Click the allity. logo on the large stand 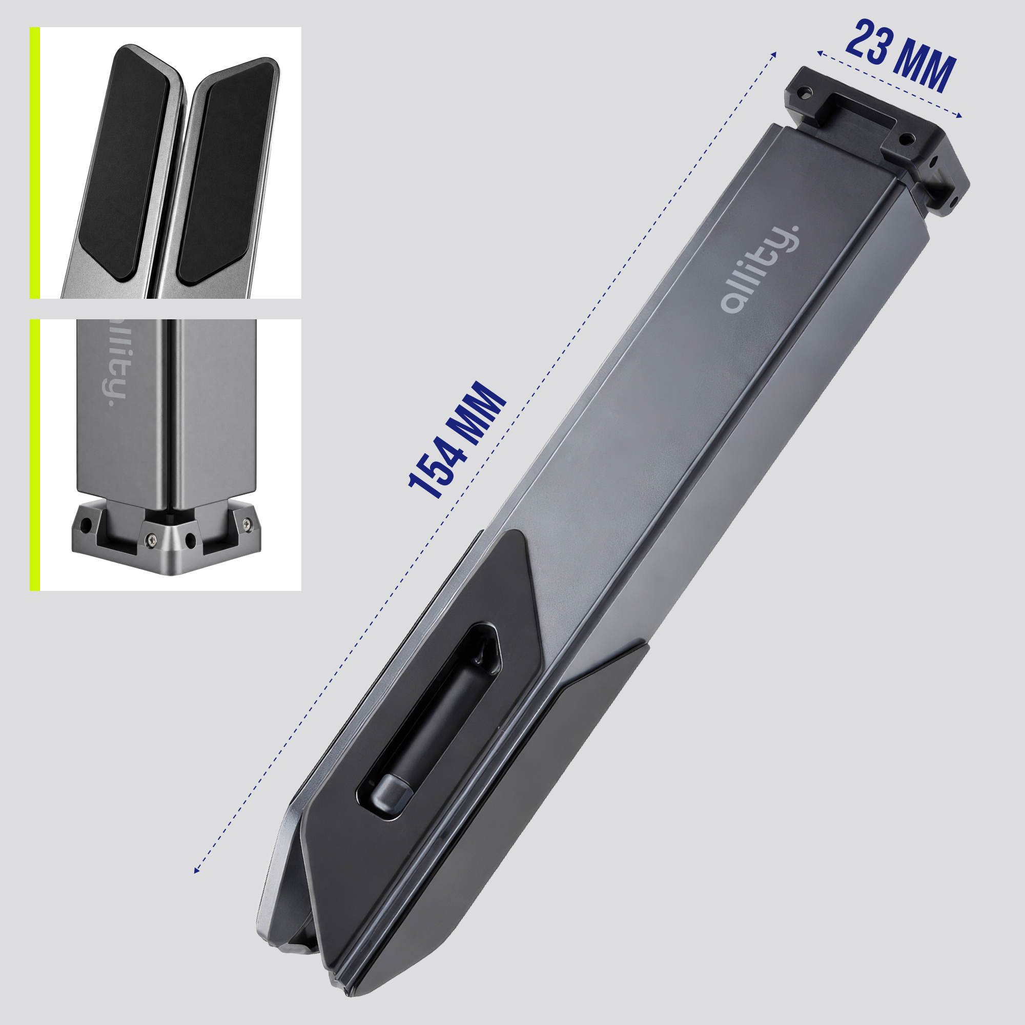pyautogui.click(x=760, y=269)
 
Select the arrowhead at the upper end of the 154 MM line pyautogui.click(x=774, y=54)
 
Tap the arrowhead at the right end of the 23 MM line pyautogui.click(x=959, y=116)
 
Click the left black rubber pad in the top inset pyautogui.click(x=126, y=162)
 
